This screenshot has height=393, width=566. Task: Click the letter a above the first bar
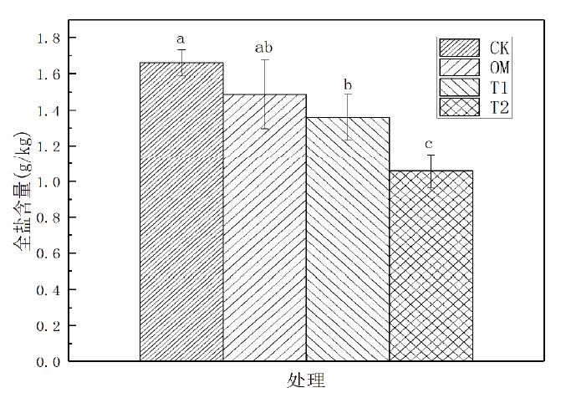(x=180, y=38)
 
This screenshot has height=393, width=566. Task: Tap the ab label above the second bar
(x=264, y=48)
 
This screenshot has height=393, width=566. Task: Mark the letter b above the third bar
(x=348, y=84)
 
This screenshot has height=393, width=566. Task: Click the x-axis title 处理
(x=305, y=380)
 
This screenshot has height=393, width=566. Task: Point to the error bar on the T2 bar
(x=431, y=171)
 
